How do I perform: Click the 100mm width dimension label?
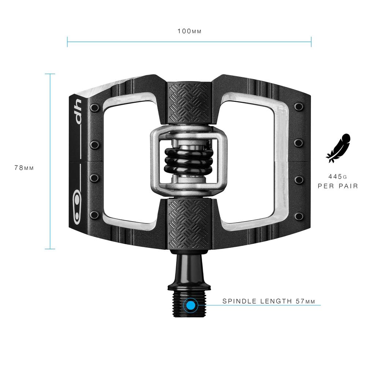pyautogui.click(x=189, y=31)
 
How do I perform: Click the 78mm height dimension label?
pyautogui.click(x=24, y=168)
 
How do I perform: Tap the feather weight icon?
pyautogui.click(x=338, y=148)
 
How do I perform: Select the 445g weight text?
pyautogui.click(x=338, y=176)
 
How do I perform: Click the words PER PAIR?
pyautogui.click(x=338, y=186)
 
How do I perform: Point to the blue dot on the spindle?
pyautogui.click(x=190, y=305)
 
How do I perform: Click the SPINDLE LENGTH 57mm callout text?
pyautogui.click(x=268, y=301)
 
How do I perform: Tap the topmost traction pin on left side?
pyautogui.click(x=95, y=108)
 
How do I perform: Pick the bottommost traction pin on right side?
pyautogui.click(x=299, y=216)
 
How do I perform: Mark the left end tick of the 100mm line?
pyautogui.click(x=67, y=42)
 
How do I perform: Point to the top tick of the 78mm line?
pyautogui.click(x=50, y=74)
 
